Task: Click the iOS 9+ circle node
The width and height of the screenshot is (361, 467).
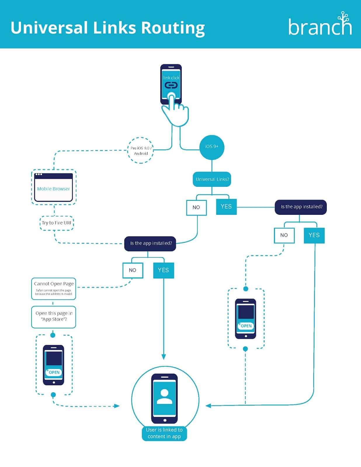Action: point(212,147)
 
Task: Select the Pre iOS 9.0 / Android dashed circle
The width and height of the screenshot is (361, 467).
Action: point(141,150)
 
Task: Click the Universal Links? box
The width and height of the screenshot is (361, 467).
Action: point(212,179)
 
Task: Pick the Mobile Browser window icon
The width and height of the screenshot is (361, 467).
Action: point(53,187)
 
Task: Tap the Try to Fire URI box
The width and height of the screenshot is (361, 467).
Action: point(56,223)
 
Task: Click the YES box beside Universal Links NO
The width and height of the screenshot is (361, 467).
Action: point(226,207)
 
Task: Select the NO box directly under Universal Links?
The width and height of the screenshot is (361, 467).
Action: point(196,208)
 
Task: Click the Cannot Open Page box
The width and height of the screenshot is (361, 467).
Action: point(54,288)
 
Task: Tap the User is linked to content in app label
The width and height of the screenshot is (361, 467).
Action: point(164,433)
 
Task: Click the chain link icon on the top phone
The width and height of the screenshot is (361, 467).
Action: point(171,85)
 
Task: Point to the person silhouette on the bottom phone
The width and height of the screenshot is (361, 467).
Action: point(164,397)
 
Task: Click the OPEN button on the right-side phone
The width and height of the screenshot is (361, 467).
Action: point(246,326)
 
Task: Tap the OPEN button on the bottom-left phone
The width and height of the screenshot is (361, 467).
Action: point(54,372)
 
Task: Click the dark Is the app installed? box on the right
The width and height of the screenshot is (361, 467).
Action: point(301,207)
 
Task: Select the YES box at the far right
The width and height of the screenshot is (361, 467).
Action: point(314,235)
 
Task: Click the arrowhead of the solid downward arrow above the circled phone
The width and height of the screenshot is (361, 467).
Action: point(164,357)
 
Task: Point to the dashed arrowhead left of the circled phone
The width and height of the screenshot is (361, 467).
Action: point(117,406)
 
